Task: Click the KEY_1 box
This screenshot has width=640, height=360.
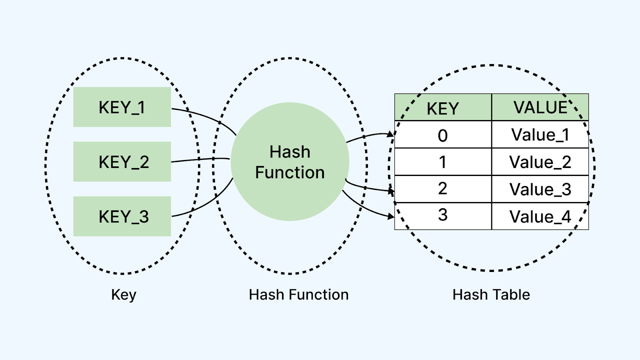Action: point(122,107)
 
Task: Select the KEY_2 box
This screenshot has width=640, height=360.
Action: point(122,162)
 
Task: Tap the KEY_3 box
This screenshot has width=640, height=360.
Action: point(122,216)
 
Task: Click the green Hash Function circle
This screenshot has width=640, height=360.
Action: point(290,162)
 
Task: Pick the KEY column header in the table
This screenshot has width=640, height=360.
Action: point(443,107)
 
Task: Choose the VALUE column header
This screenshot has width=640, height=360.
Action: point(540,107)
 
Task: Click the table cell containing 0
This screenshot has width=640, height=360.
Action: point(443,134)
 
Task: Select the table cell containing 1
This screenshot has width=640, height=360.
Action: point(443,162)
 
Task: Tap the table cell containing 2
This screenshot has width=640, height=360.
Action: point(443,189)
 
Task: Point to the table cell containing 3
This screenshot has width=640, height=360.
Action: point(443,216)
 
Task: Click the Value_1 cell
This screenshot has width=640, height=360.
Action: point(540,134)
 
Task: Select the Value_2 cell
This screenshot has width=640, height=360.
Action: point(540,162)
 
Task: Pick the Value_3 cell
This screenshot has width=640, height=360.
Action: point(540,189)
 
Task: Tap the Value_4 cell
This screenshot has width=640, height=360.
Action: point(540,216)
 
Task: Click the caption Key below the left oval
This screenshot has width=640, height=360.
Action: point(124,295)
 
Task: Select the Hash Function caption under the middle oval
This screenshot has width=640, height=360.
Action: point(298,294)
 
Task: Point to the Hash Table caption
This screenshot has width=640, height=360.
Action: point(491,294)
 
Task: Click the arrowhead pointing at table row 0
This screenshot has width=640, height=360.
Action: point(390,134)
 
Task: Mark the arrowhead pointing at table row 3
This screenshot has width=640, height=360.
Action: point(391,216)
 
